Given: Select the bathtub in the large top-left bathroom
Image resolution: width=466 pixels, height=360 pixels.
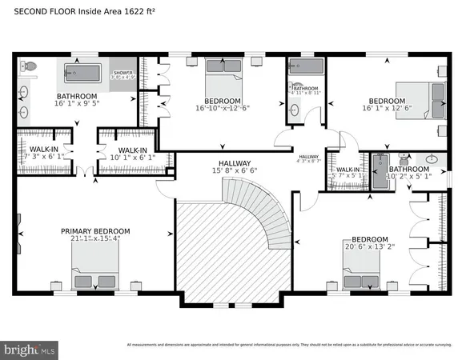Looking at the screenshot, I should click(82, 74).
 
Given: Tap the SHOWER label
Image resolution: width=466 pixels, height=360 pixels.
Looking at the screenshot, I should click(123, 73).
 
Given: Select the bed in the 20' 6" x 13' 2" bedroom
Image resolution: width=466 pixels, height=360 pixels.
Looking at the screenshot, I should click(367, 272).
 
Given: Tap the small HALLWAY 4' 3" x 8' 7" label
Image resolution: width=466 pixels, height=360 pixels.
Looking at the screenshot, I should click(309, 159).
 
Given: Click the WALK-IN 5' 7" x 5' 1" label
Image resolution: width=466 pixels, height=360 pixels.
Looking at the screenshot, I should click(347, 174).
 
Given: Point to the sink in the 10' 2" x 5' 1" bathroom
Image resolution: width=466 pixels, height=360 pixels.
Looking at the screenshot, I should click(432, 159).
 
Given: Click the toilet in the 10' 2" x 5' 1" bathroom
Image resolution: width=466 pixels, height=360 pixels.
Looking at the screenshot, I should click(406, 159).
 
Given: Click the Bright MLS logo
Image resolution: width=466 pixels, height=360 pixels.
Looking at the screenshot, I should click(29, 349).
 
